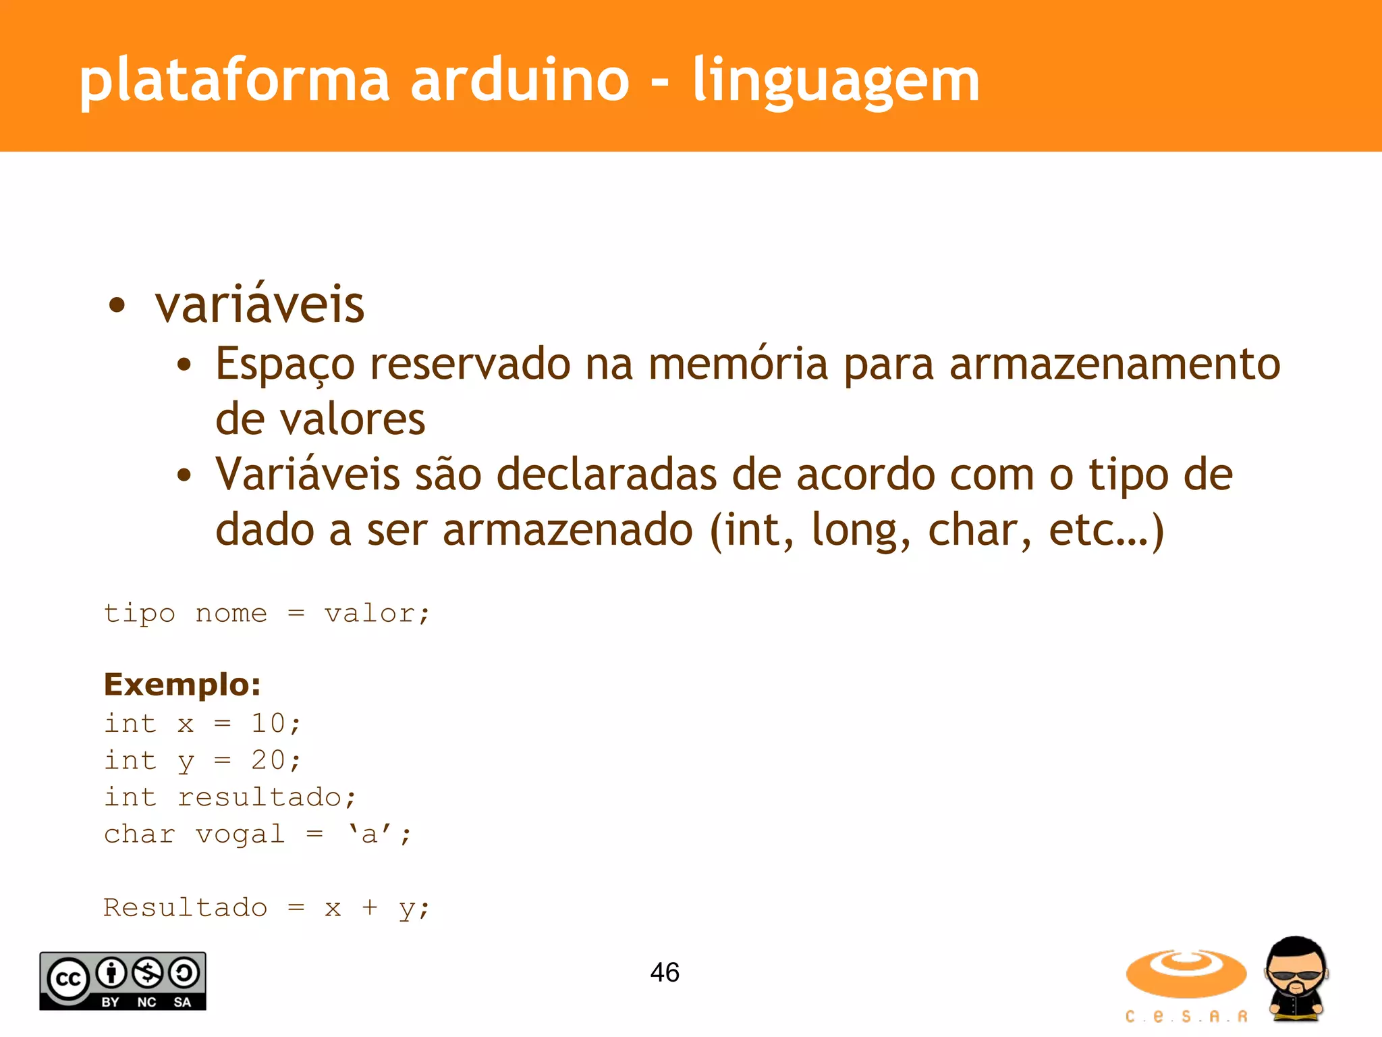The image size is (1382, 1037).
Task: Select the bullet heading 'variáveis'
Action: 260,305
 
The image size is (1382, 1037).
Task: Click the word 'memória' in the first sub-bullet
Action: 738,364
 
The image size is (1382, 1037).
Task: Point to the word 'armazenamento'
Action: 1114,364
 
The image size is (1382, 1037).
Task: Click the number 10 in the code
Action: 268,723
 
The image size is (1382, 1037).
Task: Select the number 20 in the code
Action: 268,760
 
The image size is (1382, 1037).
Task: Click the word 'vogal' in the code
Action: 240,835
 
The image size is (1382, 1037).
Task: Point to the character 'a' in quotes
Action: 369,835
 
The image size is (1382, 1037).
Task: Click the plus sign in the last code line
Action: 369,908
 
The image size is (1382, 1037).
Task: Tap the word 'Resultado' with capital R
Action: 185,908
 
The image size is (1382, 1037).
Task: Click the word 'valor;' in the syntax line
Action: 377,614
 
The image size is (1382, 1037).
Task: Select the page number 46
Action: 665,973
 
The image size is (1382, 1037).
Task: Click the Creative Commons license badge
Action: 123,981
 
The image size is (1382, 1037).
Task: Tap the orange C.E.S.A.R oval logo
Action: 1186,974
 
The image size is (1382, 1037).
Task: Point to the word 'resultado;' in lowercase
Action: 267,797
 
